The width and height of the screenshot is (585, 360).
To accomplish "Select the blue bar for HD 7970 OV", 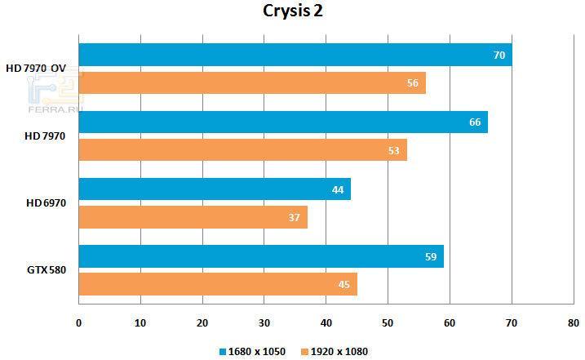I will (x=295, y=56).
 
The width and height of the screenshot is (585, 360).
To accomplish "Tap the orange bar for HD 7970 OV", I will (x=251, y=82).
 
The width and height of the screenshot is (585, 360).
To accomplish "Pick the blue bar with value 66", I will (x=282, y=122).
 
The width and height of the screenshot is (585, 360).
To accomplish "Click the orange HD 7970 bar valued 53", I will (x=242, y=149).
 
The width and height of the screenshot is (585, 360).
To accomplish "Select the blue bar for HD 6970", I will (x=214, y=189).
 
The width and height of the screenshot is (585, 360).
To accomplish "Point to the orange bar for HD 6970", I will (x=193, y=216).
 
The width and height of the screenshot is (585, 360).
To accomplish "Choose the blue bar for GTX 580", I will (x=260, y=256).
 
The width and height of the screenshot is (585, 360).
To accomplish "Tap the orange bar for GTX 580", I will (x=217, y=283).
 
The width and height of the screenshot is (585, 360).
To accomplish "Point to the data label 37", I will (x=295, y=217).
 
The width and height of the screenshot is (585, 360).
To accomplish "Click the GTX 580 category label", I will (x=46, y=270).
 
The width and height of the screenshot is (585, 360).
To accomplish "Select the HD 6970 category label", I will (x=46, y=203).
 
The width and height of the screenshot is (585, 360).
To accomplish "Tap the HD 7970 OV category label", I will (x=36, y=69).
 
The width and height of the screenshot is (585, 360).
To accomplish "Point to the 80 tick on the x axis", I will (x=573, y=323).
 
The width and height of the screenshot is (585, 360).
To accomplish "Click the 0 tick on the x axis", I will (x=78, y=323).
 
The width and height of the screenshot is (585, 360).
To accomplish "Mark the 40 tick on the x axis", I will (x=326, y=323).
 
